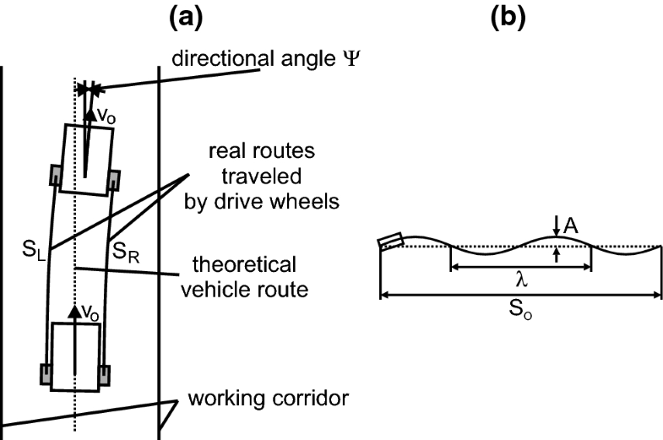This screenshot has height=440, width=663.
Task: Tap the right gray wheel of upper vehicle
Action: tap(114, 180)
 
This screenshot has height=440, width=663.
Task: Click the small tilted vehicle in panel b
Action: tap(392, 242)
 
